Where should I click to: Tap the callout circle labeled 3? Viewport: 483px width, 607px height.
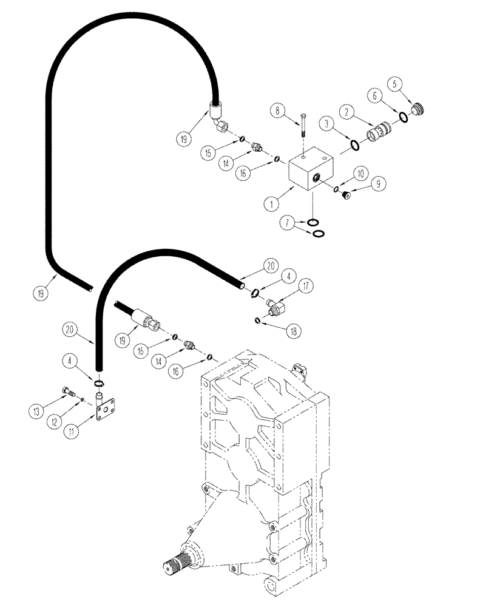[x=328, y=124]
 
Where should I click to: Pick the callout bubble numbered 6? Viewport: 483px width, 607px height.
[x=373, y=97]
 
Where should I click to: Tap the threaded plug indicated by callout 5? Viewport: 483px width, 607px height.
[x=416, y=110]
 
